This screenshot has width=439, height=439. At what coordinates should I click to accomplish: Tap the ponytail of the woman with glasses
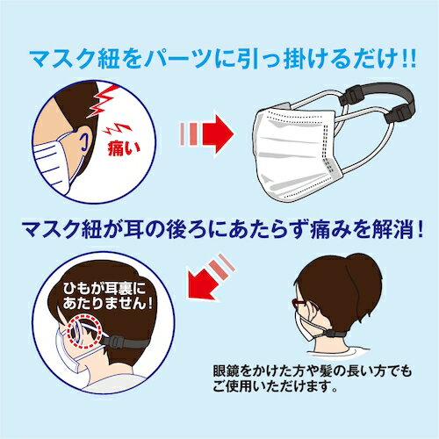[x=361, y=268]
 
